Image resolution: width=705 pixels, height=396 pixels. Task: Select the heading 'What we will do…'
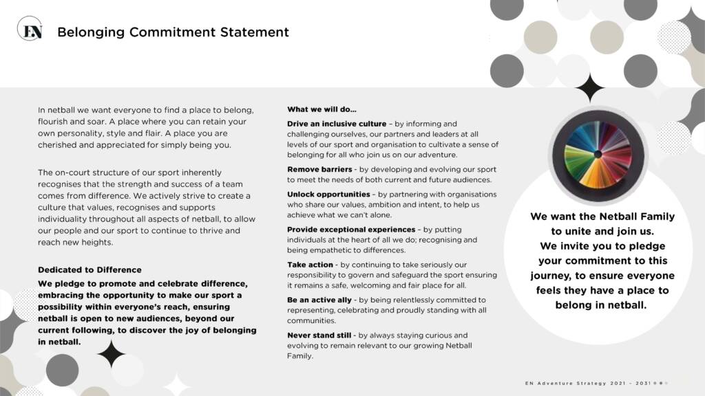tap(322, 109)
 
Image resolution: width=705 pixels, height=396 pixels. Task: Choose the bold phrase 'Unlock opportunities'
tap(328, 195)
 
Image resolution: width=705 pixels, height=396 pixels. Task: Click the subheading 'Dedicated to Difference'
tap(90, 269)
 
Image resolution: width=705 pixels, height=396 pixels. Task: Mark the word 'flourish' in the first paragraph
tap(54, 122)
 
